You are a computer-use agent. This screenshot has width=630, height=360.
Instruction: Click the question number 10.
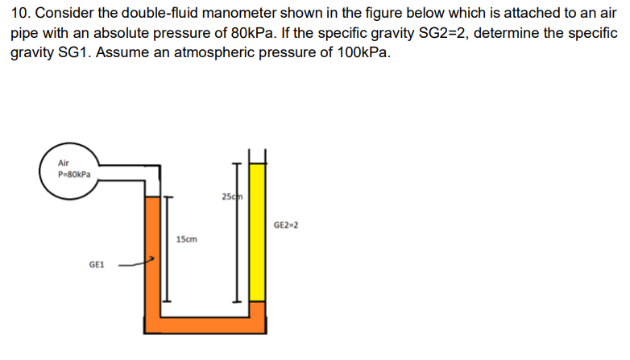(18, 15)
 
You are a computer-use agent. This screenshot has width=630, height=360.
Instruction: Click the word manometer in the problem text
(225, 15)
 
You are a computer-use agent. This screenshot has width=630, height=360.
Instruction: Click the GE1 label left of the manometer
(96, 263)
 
